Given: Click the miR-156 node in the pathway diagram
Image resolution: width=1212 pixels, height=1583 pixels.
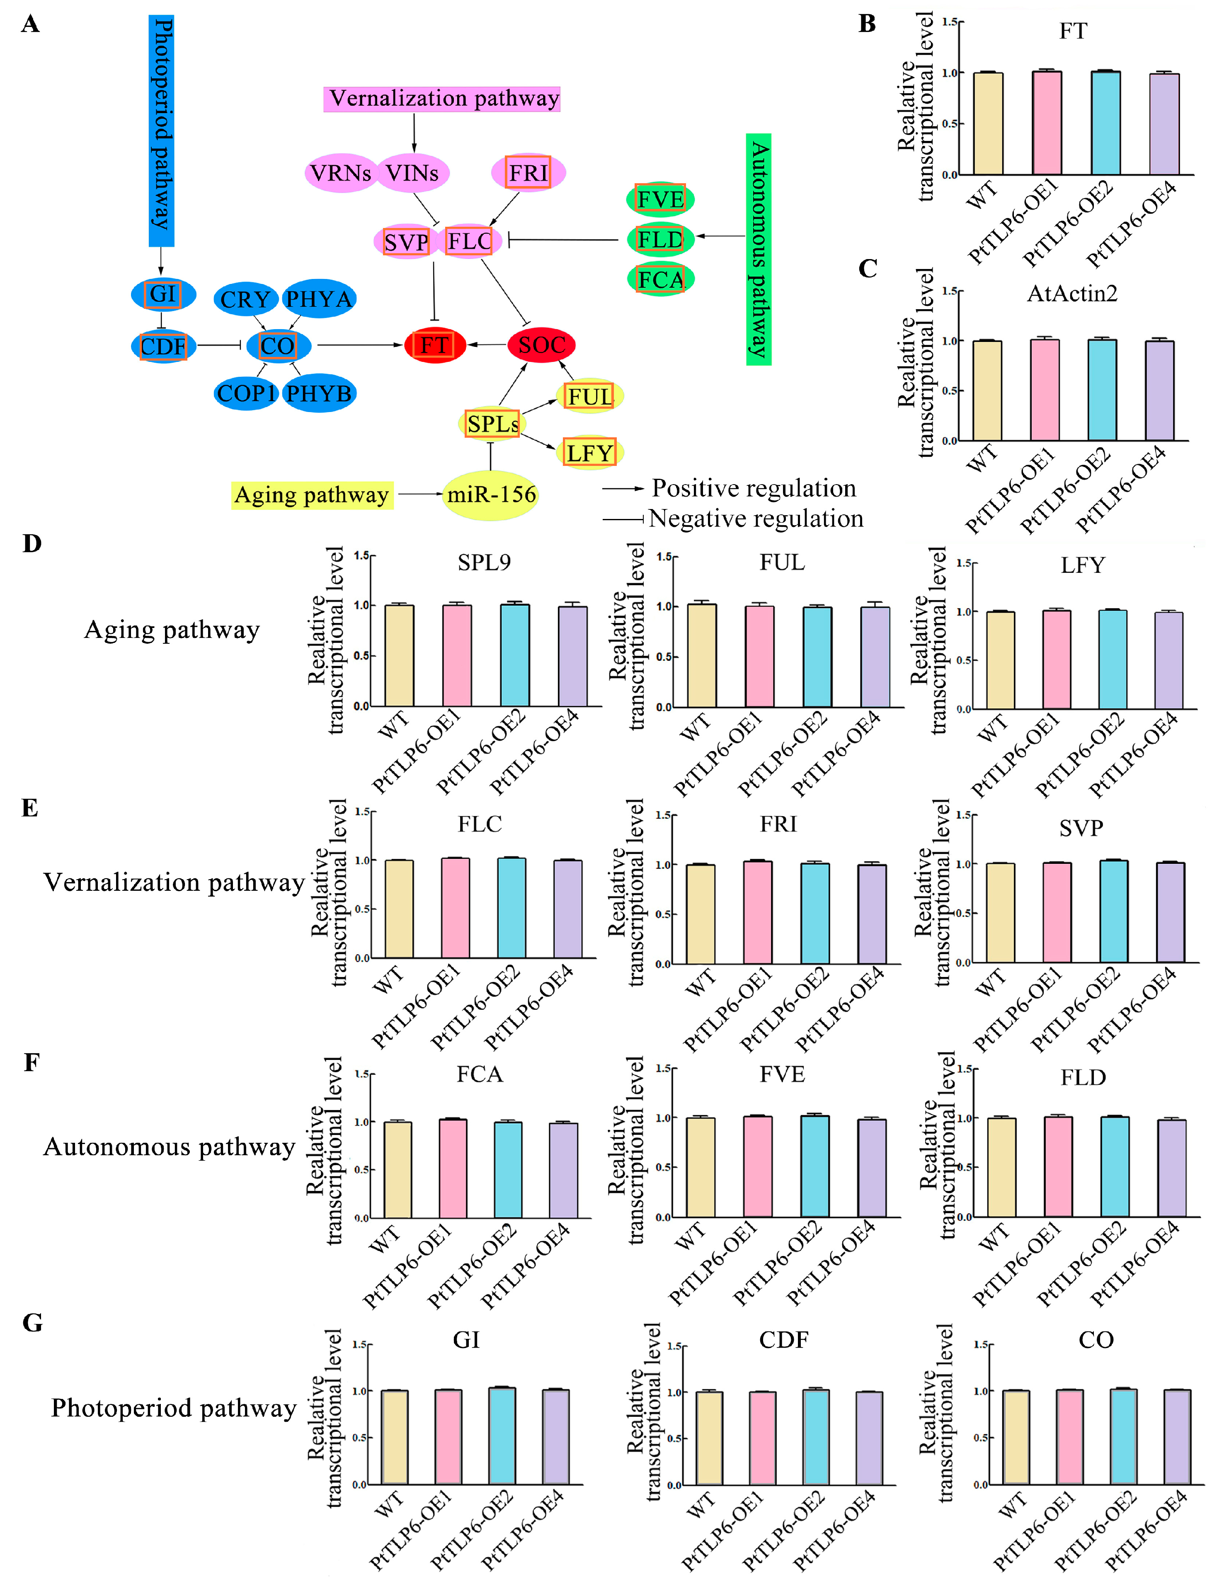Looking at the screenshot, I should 491,495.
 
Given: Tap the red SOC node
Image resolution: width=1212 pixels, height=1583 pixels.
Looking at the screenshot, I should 541,345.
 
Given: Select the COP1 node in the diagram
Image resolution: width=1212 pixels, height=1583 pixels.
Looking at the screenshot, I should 246,393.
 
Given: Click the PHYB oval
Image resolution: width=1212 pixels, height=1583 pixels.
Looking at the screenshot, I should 319,393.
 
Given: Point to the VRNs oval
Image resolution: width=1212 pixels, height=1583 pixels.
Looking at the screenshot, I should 341,173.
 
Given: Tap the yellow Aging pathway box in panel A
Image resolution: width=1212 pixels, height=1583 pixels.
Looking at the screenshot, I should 312,495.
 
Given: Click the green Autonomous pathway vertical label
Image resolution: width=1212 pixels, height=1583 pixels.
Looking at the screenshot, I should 758,249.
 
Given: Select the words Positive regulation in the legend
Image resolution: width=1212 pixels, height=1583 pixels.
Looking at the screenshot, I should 754,488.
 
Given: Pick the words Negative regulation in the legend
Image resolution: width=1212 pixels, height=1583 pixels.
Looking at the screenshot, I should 755,519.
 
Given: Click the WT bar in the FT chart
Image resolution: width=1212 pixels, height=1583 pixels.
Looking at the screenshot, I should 988,124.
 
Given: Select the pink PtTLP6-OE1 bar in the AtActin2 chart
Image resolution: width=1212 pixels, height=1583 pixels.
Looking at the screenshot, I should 1045,390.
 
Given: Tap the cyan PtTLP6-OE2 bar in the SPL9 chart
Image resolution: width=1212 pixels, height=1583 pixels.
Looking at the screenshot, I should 514,655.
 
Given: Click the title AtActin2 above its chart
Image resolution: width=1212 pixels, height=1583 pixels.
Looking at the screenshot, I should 1072,293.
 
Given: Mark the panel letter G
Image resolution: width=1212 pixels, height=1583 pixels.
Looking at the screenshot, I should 32,1323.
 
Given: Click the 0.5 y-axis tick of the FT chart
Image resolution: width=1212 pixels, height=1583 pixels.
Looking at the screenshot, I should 949,124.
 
